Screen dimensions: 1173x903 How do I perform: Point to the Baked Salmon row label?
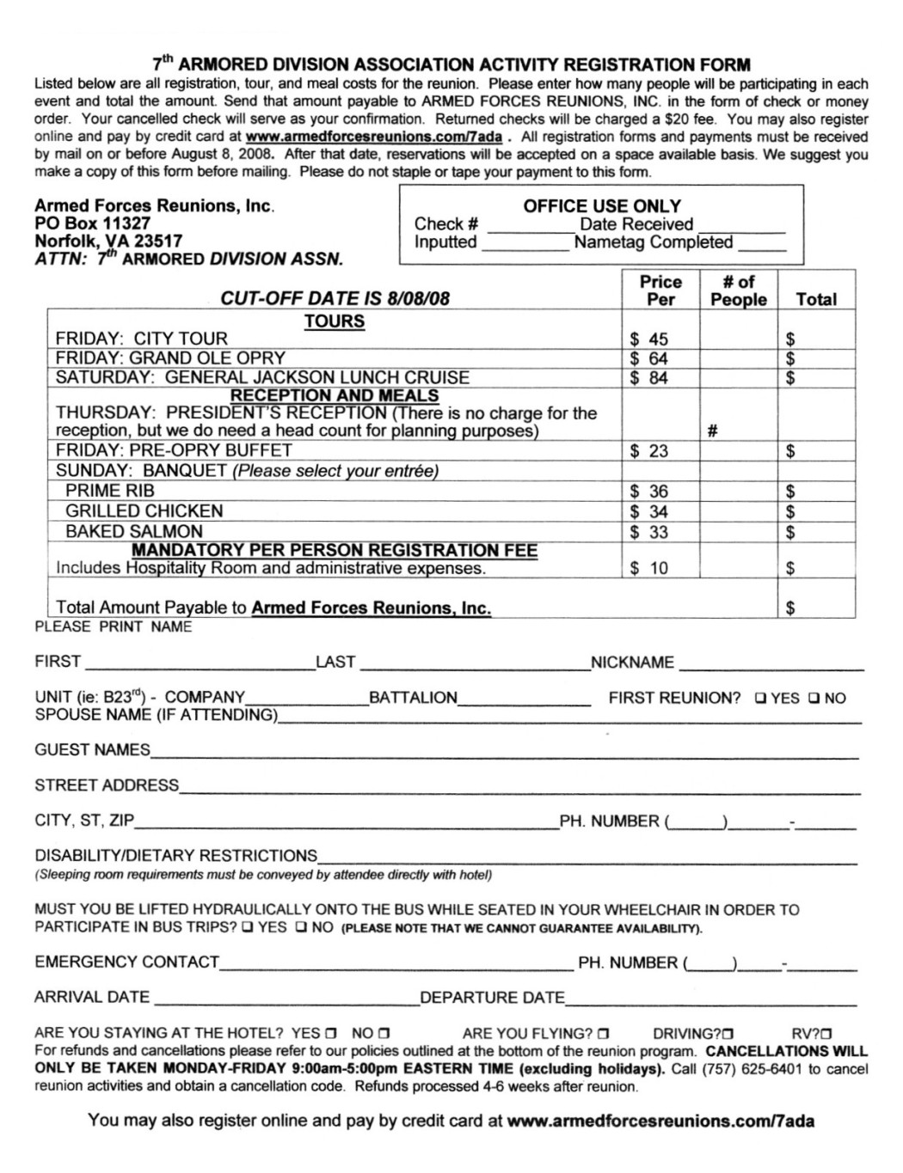coord(134,532)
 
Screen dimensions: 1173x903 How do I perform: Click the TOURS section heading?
coord(335,321)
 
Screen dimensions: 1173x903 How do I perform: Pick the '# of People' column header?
coord(738,290)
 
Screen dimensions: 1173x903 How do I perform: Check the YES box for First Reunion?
coord(761,699)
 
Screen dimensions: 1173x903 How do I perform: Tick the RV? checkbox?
coord(826,1034)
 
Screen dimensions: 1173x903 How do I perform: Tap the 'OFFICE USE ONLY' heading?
coord(601,206)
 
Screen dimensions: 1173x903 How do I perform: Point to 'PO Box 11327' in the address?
coord(93,223)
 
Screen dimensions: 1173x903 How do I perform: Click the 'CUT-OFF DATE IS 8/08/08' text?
coord(335,299)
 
